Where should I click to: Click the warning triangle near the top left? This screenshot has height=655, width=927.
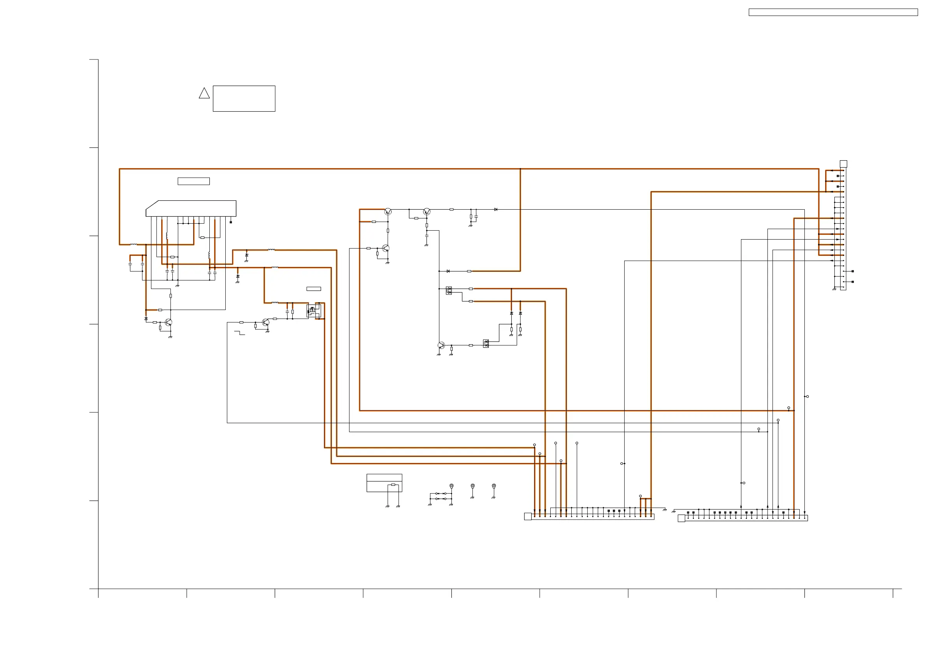pyautogui.click(x=204, y=94)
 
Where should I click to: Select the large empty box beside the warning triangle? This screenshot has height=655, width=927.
pyautogui.click(x=244, y=98)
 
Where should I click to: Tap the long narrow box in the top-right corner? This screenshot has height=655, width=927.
pyautogui.click(x=833, y=12)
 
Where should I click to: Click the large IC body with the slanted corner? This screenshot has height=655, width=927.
pyautogui.click(x=191, y=208)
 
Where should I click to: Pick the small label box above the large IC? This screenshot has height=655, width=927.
pyautogui.click(x=193, y=181)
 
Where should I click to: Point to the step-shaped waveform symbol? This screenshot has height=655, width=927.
pyautogui.click(x=239, y=333)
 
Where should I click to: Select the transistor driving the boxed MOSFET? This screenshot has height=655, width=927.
pyautogui.click(x=265, y=322)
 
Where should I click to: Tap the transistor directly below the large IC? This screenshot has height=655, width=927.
pyautogui.click(x=169, y=322)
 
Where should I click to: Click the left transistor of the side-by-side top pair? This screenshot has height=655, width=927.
pyautogui.click(x=388, y=212)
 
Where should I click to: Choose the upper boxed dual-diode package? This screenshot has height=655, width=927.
pyautogui.click(x=449, y=291)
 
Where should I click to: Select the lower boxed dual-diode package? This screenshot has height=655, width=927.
pyautogui.click(x=486, y=343)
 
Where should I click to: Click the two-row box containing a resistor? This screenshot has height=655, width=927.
pyautogui.click(x=384, y=483)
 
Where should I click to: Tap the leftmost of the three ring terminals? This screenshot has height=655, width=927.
pyautogui.click(x=451, y=486)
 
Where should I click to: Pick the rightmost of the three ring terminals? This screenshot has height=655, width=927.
pyautogui.click(x=493, y=486)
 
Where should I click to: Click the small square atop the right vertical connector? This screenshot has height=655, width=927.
pyautogui.click(x=843, y=164)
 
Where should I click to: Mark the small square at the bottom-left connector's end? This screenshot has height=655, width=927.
pyautogui.click(x=527, y=517)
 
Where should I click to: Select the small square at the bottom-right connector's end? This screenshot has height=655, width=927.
pyautogui.click(x=681, y=518)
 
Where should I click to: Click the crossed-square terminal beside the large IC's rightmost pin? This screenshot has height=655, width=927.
pyautogui.click(x=230, y=222)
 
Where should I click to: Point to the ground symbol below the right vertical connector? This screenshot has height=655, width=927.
pyautogui.click(x=834, y=289)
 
